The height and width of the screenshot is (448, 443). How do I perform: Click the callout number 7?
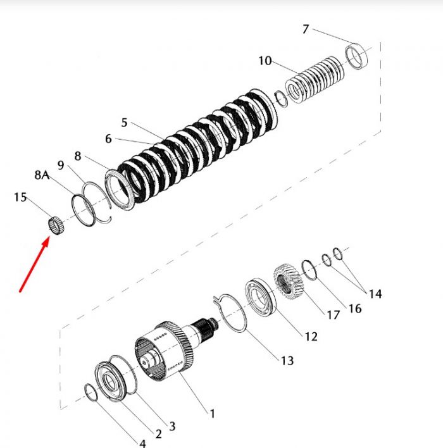pyautogui.click(x=306, y=29)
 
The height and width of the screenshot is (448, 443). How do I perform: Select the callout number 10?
pyautogui.click(x=265, y=61)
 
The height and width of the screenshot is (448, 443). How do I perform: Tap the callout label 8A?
pyautogui.click(x=42, y=175)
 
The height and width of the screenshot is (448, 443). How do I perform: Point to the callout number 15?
pyautogui.click(x=20, y=197)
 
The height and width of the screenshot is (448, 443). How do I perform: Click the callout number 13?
pyautogui.click(x=287, y=361)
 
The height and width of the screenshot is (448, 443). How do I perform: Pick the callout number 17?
pyautogui.click(x=334, y=315)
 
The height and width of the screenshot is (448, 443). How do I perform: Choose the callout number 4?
pyautogui.click(x=142, y=443)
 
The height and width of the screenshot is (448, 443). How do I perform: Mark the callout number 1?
pyautogui.click(x=212, y=413)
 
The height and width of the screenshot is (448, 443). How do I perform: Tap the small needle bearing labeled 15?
pyautogui.click(x=56, y=225)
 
